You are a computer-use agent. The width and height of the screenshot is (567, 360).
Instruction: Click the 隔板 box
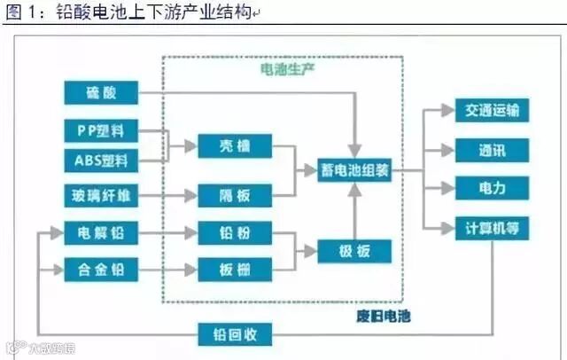[x=233, y=194]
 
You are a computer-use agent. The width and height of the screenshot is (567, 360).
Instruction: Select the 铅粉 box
[x=233, y=233]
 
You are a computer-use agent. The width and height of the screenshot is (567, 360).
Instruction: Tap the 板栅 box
[x=233, y=267]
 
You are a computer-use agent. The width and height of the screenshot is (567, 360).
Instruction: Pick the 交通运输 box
[x=492, y=112]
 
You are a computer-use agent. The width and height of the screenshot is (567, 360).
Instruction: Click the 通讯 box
[x=492, y=150]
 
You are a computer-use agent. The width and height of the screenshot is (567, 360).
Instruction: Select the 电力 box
[x=492, y=188]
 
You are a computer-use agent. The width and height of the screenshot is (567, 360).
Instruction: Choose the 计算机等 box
[x=492, y=226]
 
